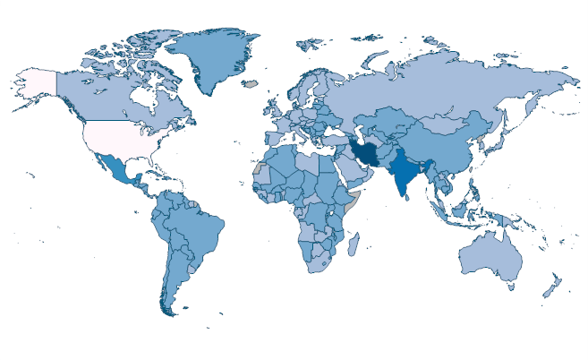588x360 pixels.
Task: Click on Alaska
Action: point(36,85)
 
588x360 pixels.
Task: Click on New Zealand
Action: point(552,287)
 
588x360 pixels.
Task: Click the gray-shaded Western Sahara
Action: point(257,167)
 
